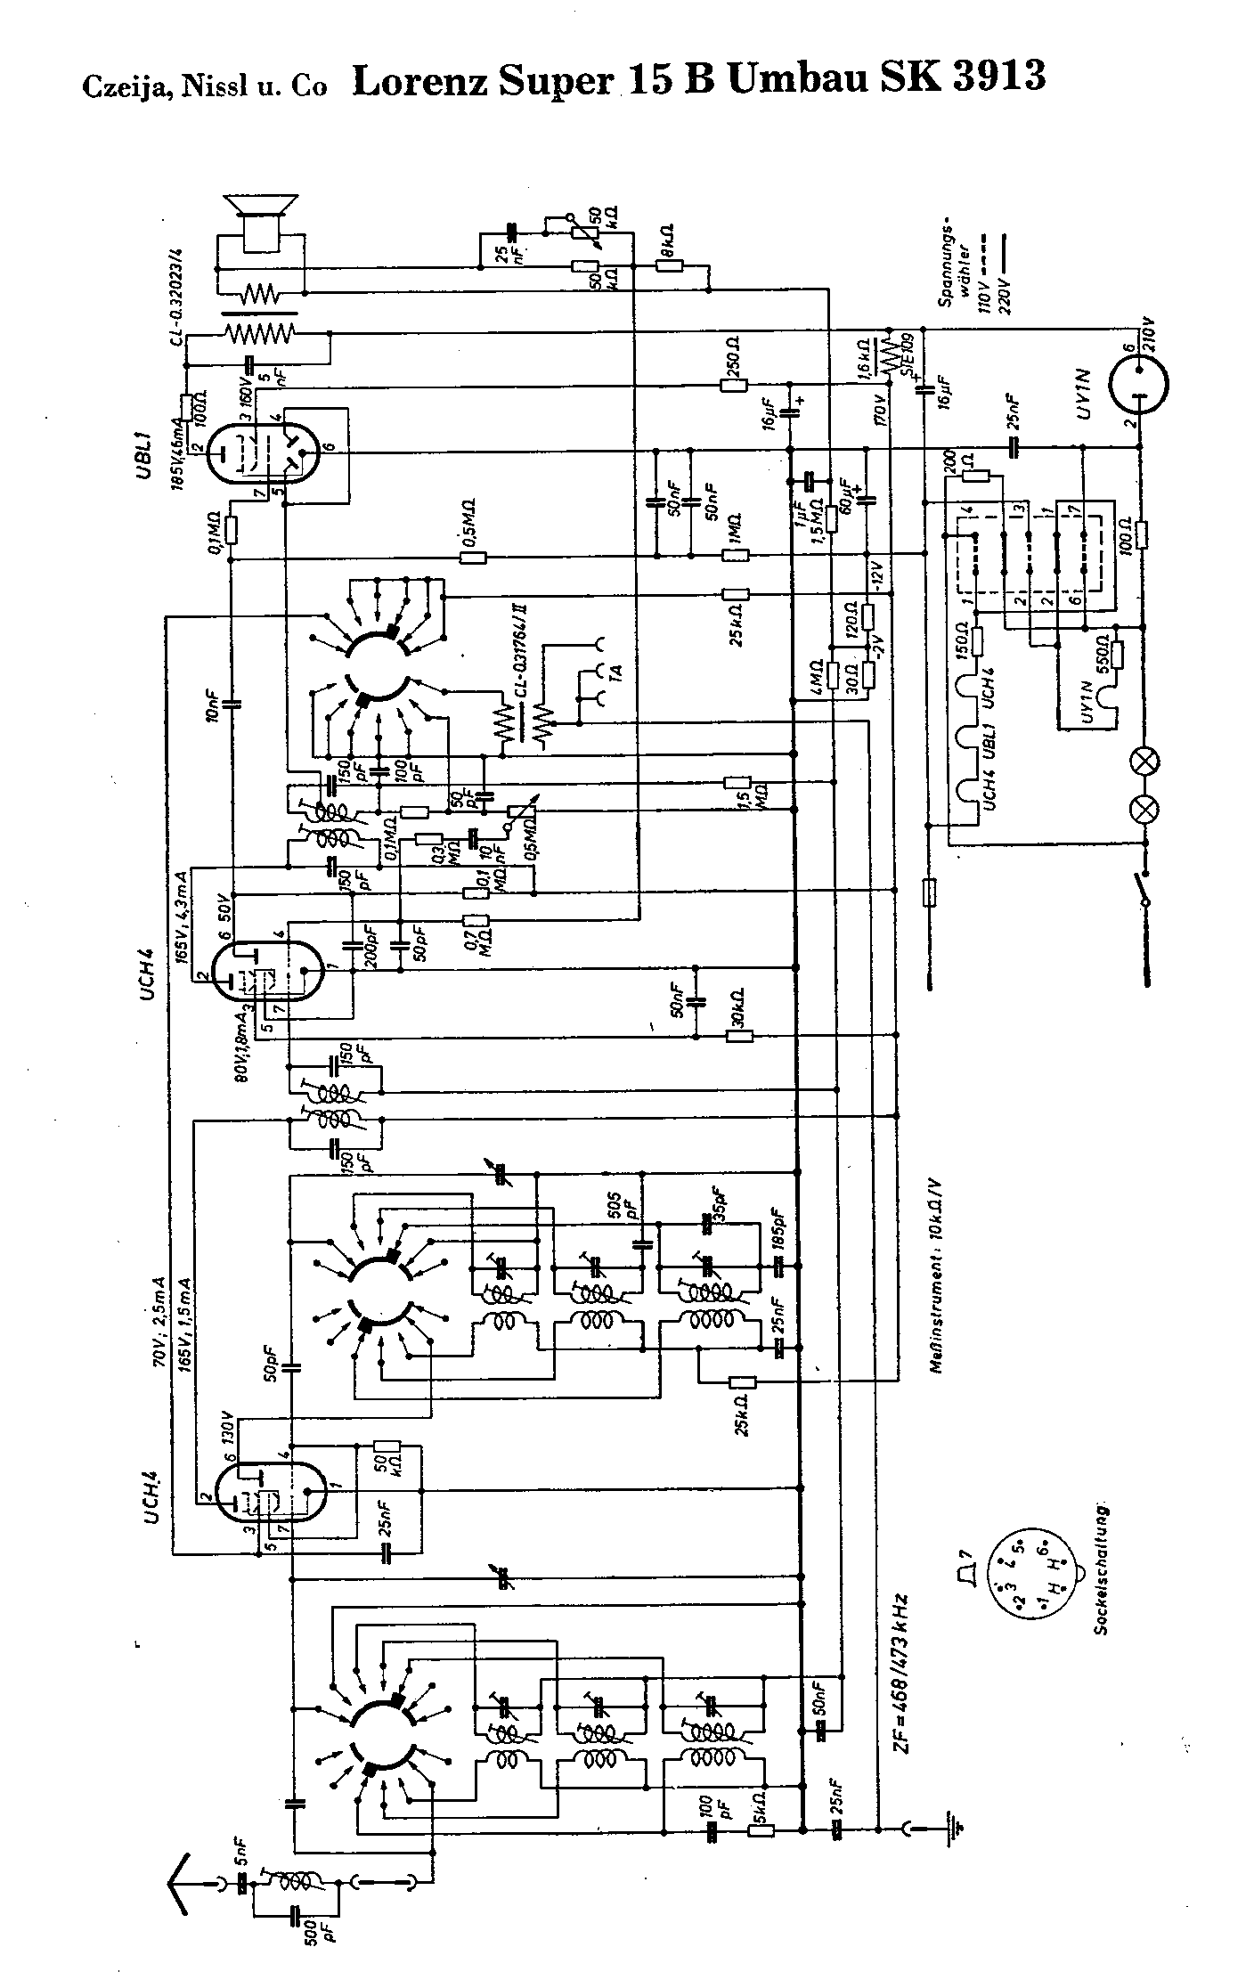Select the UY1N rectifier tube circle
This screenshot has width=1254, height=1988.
pyautogui.click(x=1139, y=384)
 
